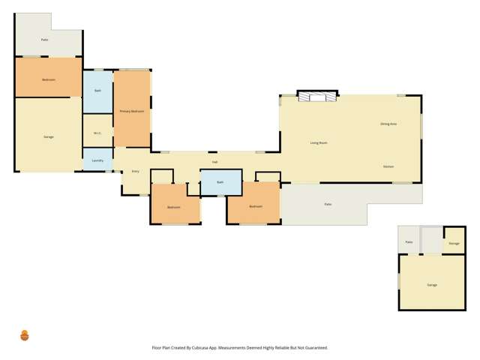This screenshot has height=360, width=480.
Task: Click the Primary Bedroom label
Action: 131,111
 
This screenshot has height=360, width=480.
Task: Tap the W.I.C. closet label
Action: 97,133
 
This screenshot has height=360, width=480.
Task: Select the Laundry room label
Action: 97,160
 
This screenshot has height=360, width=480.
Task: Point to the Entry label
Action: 136,171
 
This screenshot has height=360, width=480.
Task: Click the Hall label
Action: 214,162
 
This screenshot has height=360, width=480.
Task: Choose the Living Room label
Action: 319,142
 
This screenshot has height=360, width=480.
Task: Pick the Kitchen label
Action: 388,166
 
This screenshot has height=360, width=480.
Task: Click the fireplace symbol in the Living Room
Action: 316,95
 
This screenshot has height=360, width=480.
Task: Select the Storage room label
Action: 454,243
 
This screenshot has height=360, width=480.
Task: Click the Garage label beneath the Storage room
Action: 432,286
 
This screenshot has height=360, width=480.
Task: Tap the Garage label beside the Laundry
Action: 48,136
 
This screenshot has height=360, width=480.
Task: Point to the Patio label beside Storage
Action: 409,242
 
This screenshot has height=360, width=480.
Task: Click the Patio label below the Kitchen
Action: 328,204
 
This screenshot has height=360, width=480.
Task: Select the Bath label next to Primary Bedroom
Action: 97,91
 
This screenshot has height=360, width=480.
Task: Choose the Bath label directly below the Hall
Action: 220,182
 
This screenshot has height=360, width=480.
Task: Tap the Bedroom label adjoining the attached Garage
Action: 48,79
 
